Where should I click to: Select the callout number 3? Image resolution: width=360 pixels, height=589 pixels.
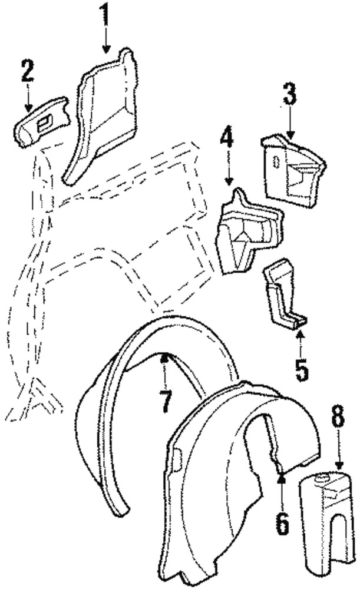[x=289, y=94]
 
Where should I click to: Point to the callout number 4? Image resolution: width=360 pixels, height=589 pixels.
[x=227, y=140]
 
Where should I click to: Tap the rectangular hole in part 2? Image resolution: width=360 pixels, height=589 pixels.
[x=44, y=123]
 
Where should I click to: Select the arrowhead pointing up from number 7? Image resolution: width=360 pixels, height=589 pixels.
[x=165, y=356]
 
